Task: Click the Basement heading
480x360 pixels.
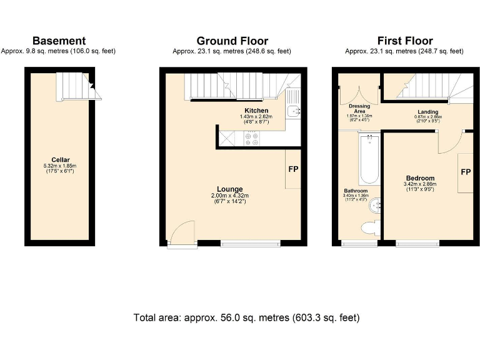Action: coord(59,41)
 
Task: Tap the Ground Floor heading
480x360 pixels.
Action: coord(234,41)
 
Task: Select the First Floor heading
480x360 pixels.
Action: coord(405,41)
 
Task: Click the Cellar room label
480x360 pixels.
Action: coord(59,159)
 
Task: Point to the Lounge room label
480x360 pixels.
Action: coord(230,189)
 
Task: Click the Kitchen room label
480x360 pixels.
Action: coord(256,111)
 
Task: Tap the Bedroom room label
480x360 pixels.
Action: coord(419,179)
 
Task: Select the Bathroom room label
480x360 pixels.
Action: coord(356,191)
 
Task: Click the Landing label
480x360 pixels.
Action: coord(427,112)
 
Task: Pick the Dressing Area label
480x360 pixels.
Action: coord(359,109)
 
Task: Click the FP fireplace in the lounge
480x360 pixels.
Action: coord(292,169)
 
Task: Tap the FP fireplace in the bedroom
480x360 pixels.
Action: coord(465,172)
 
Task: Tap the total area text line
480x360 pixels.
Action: coord(247,317)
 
